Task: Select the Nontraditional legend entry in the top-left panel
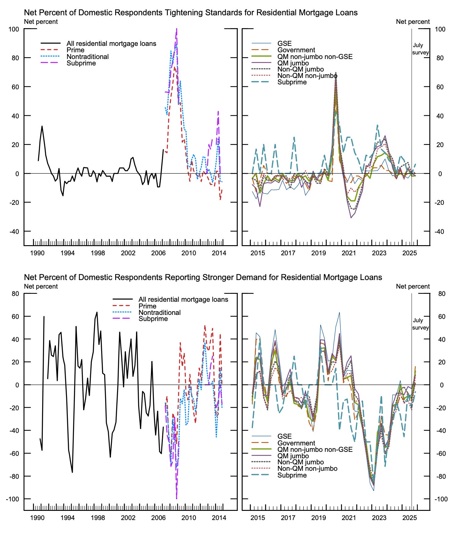pyautogui.click(x=87, y=57)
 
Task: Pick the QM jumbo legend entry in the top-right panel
pyautogui.click(x=293, y=63)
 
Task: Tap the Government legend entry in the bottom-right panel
pyautogui.click(x=296, y=443)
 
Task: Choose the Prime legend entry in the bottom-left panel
pyautogui.click(x=147, y=306)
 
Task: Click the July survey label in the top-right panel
pyautogui.click(x=420, y=49)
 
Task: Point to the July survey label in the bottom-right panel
pyautogui.click(x=420, y=324)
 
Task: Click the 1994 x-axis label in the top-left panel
pyautogui.click(x=67, y=253)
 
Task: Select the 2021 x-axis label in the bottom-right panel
pyautogui.click(x=349, y=518)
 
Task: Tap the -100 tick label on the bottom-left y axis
pyautogui.click(x=13, y=499)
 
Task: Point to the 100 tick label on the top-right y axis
pyautogui.click(x=440, y=29)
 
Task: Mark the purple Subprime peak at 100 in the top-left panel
pyautogui.click(x=176, y=30)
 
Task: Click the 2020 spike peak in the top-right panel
pyautogui.click(x=336, y=73)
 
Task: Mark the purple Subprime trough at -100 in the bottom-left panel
pyautogui.click(x=176, y=498)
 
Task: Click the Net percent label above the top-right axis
pyautogui.click(x=413, y=22)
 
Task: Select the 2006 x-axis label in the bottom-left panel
pyautogui.click(x=158, y=518)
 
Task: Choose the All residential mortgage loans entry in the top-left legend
pyautogui.click(x=111, y=44)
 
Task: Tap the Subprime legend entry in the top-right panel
pyautogui.click(x=292, y=82)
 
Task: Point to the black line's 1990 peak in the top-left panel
pyautogui.click(x=42, y=126)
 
